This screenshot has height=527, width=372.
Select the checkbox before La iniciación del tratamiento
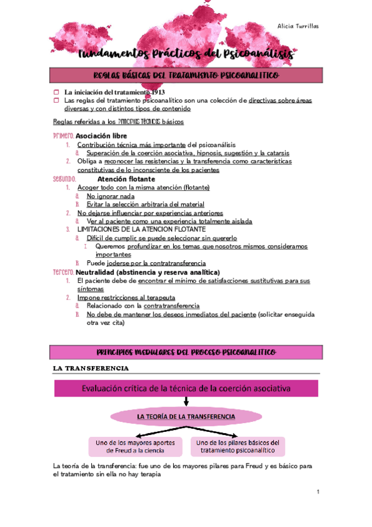click(x=57, y=92)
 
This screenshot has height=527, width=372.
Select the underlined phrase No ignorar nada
click(x=112, y=195)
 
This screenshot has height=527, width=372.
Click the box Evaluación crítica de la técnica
click(x=185, y=388)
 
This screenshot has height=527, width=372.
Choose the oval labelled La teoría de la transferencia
click(x=186, y=415)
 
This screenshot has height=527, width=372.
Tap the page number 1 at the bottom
click(x=317, y=492)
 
